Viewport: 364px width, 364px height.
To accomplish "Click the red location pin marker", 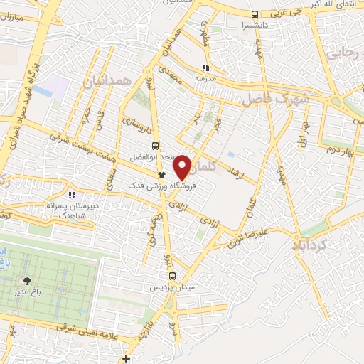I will pos(183,166).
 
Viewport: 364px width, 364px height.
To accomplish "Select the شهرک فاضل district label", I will pos(275,100).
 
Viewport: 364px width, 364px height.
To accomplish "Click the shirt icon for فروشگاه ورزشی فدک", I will pos(162,174).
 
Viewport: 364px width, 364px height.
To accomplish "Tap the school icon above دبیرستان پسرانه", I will pos(71,193).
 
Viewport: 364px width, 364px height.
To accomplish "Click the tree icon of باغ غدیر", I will pos(27,281).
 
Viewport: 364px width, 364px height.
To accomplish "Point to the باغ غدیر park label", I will pos(27,291).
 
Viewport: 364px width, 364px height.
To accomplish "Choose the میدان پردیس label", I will pos(171,287).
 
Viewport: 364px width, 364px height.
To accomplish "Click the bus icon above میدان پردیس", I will pos(171,276).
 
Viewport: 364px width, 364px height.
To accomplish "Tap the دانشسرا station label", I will pos(255,24).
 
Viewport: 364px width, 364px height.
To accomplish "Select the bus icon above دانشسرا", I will pos(255,14).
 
